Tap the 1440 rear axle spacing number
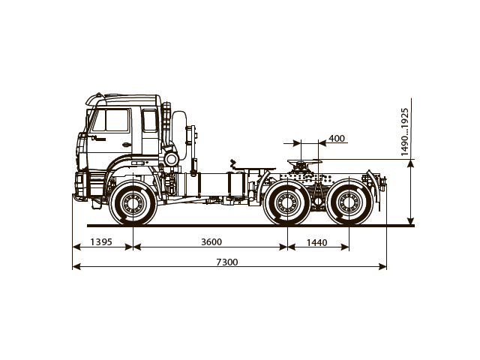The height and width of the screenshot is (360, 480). click(x=318, y=241)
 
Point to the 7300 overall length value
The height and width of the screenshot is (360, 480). click(x=226, y=262)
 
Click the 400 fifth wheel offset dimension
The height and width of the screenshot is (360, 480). click(x=337, y=139)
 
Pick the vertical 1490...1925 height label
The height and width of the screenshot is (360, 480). click(x=405, y=132)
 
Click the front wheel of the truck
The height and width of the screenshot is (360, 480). click(x=133, y=203)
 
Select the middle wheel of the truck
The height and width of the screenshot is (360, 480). click(x=286, y=203)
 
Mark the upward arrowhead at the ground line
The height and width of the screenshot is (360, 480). click(x=411, y=220)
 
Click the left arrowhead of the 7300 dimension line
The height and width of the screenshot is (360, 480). click(x=76, y=266)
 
